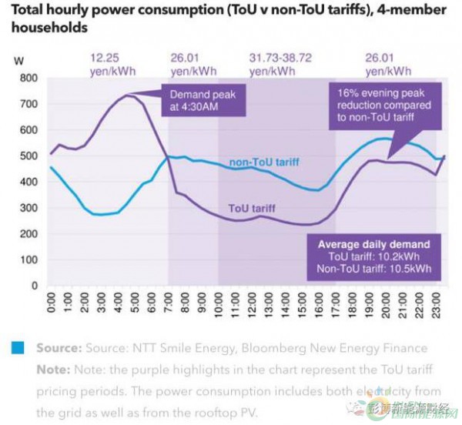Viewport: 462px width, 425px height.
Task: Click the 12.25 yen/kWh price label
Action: (108, 64)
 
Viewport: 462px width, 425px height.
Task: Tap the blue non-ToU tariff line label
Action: (263, 162)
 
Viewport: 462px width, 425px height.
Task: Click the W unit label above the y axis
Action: (19, 60)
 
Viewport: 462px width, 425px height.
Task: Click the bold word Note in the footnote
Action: (52, 369)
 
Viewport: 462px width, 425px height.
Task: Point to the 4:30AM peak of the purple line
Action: (126, 95)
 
